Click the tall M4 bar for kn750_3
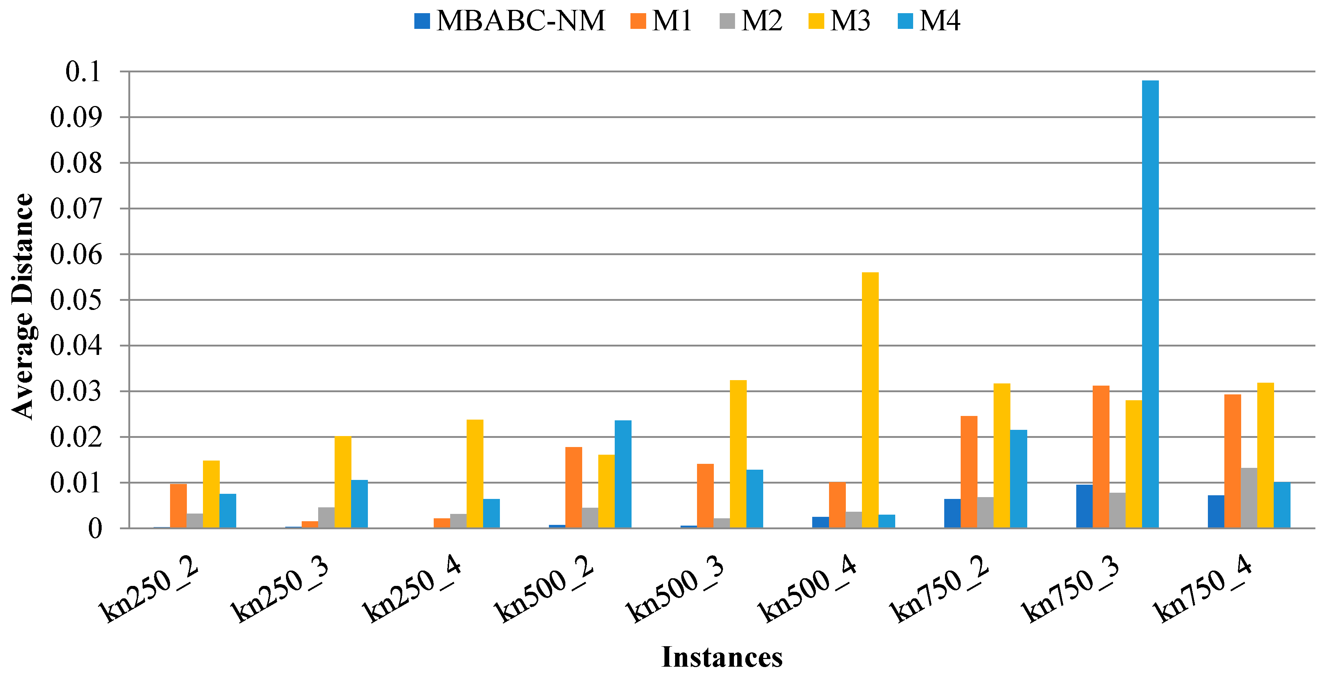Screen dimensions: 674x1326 (1150, 304)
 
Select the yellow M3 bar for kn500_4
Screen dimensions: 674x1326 (870, 400)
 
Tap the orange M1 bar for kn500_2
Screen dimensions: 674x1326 (573, 487)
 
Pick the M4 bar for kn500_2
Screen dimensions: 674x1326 (623, 474)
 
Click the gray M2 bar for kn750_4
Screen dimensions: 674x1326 (1249, 497)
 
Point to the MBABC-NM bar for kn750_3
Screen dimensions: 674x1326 (1084, 506)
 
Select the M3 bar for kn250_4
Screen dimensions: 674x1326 (475, 473)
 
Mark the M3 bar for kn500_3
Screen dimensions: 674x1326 (738, 454)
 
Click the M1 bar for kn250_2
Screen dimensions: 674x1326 (178, 506)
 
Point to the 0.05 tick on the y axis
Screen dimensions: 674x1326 (76, 300)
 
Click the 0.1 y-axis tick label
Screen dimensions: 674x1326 (83, 72)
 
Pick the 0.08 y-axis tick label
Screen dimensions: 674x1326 (76, 163)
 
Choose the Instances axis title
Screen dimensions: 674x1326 (722, 657)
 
